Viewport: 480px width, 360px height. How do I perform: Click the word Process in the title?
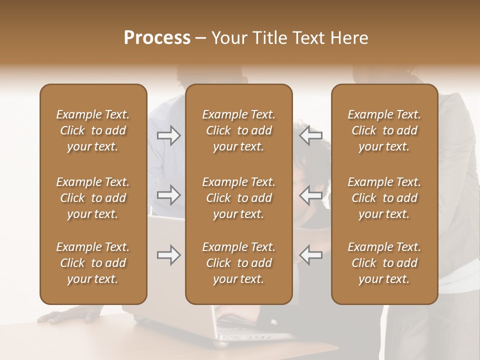coord(157,38)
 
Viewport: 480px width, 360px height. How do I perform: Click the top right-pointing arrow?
coord(169,135)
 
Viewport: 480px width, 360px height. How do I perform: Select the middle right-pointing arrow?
coord(169,195)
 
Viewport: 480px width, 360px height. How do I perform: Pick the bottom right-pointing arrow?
coord(169,255)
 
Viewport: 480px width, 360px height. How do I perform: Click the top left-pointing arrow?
coord(311,135)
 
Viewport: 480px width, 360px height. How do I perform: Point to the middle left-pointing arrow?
coord(311,195)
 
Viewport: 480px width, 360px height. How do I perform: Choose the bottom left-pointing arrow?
coord(311,255)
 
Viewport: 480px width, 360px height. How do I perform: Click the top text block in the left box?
coord(93,130)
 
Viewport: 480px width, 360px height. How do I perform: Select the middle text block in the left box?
coord(93,198)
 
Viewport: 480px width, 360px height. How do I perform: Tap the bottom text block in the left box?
coord(93,263)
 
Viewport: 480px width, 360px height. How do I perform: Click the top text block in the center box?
coord(239,130)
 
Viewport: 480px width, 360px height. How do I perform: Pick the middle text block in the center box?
coord(239,198)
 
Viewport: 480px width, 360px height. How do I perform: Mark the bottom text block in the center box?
coord(239,263)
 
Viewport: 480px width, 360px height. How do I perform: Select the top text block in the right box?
coord(384,130)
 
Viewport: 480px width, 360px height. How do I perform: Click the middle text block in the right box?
coord(384,198)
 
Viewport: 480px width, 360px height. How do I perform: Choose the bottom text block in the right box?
coord(384,263)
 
